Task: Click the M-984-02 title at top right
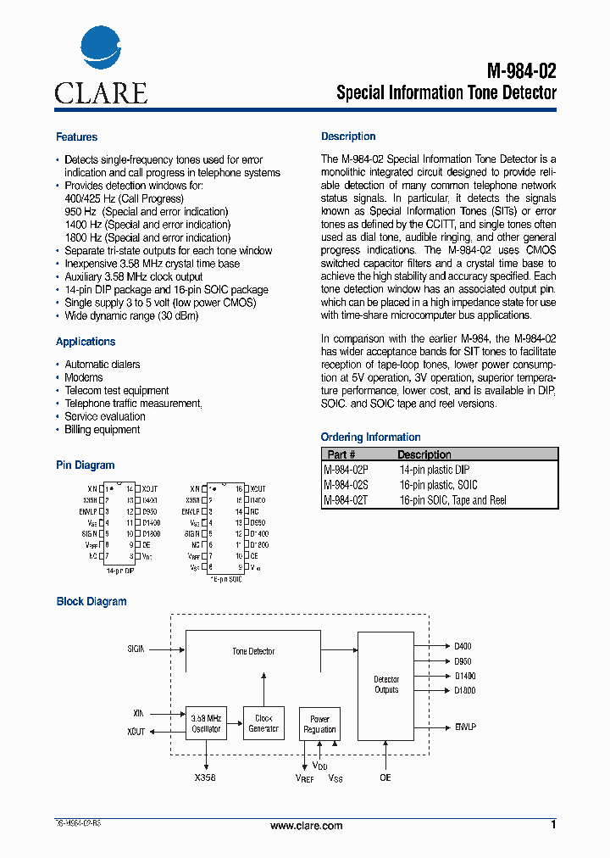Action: click(522, 71)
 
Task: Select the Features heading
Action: click(76, 137)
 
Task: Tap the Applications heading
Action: click(86, 342)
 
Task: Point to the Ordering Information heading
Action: click(370, 437)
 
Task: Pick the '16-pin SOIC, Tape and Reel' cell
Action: click(452, 500)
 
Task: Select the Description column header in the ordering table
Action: click(424, 454)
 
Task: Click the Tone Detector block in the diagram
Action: click(253, 651)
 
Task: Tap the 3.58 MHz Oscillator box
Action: click(206, 723)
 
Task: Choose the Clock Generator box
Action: click(263, 723)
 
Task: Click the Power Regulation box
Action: click(319, 723)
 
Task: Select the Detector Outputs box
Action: click(386, 684)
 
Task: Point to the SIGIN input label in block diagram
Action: click(136, 649)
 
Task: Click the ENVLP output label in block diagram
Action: click(465, 727)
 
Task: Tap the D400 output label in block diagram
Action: click(463, 646)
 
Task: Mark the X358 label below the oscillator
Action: click(205, 777)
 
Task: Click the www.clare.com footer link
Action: click(306, 826)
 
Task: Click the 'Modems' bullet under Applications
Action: click(84, 377)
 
